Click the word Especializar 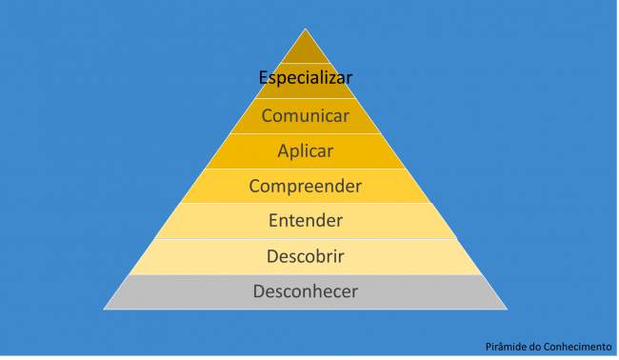click(x=306, y=78)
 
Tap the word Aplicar click(x=306, y=151)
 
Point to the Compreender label click(x=306, y=187)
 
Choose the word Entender click(x=306, y=221)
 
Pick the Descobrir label click(x=306, y=257)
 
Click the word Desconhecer click(x=306, y=291)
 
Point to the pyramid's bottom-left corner click(x=104, y=309)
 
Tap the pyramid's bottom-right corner click(x=507, y=309)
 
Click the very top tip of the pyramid click(x=306, y=30)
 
